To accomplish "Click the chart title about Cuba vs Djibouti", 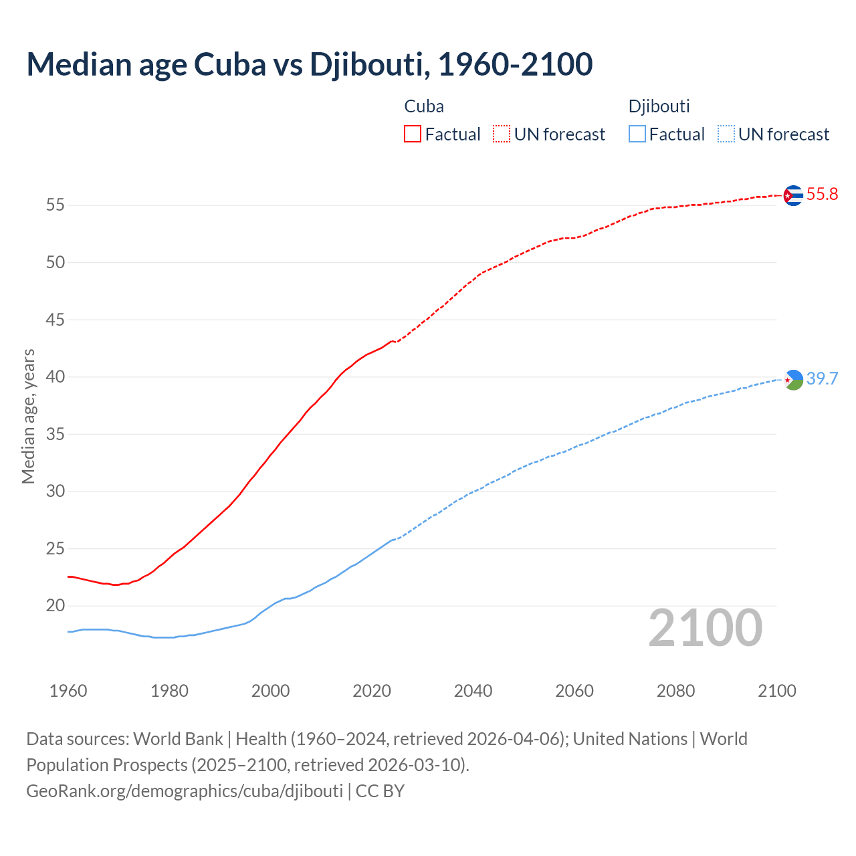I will click(x=309, y=64).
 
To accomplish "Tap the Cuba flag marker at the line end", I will click(x=793, y=195).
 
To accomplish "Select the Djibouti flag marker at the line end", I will click(x=793, y=379).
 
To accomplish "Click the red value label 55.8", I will click(x=822, y=195).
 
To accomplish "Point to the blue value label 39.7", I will click(x=822, y=379).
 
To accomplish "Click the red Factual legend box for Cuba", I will click(x=413, y=134).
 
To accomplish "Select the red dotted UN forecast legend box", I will click(x=502, y=134).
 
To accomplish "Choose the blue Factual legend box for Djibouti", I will click(x=637, y=134).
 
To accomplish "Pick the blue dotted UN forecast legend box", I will click(x=726, y=134).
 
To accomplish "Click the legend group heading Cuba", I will click(x=424, y=106).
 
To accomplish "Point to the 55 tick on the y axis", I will click(x=56, y=205).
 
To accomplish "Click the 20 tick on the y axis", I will click(x=56, y=606).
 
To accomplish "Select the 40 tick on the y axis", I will click(x=56, y=377).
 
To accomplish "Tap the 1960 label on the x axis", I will click(x=68, y=691).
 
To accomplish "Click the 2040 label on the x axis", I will click(x=473, y=691).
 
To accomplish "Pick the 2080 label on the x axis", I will click(x=675, y=691).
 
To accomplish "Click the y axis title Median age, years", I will click(x=28, y=416).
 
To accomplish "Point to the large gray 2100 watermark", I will click(x=705, y=628).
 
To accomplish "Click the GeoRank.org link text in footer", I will click(x=185, y=791).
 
